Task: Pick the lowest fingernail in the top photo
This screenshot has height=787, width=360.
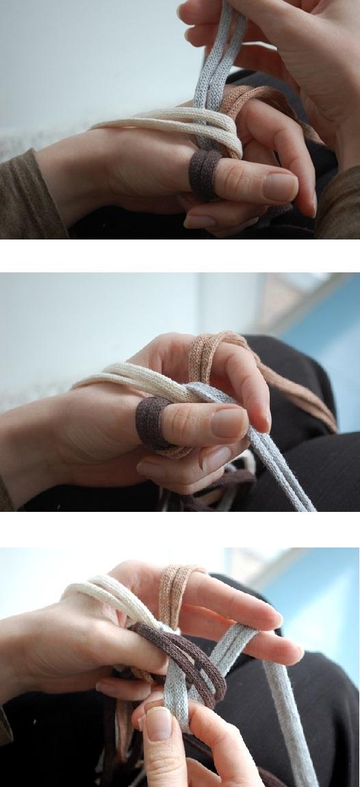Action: (x=199, y=222)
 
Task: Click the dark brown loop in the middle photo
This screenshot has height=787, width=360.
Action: (x=151, y=423)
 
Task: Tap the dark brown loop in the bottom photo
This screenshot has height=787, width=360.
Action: (x=185, y=650)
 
